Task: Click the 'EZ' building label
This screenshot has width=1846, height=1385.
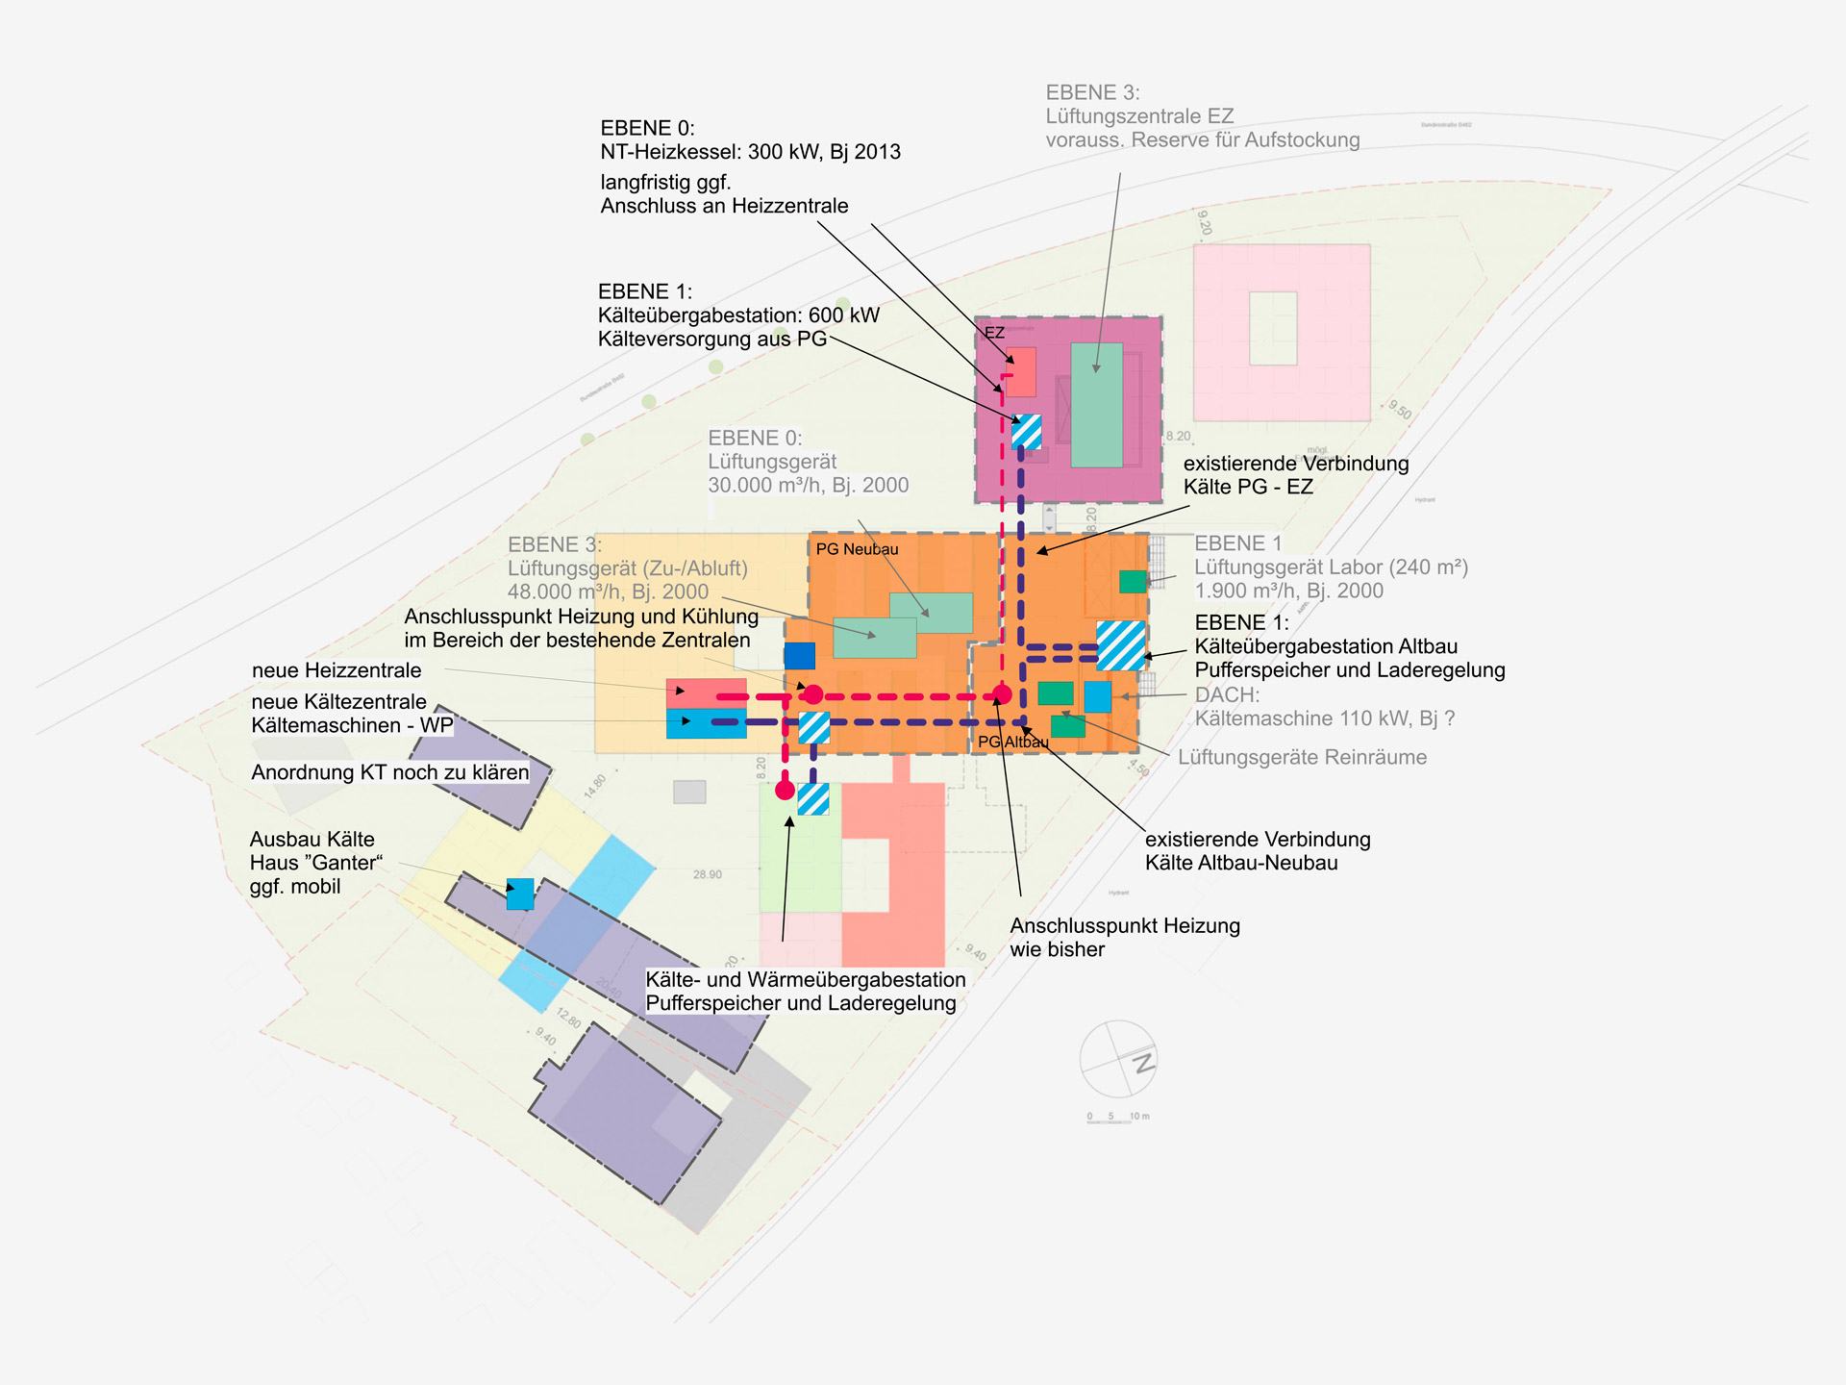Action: [994, 333]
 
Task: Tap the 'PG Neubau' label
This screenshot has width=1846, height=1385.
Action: [857, 549]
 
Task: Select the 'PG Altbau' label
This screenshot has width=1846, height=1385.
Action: [1012, 742]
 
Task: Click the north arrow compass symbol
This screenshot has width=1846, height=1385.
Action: [1118, 1059]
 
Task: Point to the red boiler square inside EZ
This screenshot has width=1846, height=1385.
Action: [1020, 372]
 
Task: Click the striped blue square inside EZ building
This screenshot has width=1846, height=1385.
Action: [1027, 432]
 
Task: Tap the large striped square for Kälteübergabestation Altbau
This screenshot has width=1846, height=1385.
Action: [1121, 645]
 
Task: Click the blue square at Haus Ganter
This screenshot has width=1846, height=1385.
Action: [520, 894]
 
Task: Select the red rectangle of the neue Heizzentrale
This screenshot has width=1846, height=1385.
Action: [707, 692]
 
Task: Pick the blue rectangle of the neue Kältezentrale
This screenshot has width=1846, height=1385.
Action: [707, 723]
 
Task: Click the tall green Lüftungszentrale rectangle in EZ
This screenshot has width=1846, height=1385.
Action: [1097, 405]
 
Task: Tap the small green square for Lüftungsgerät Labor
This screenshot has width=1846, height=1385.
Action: [1133, 581]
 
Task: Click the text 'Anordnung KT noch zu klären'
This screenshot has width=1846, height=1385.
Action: [390, 772]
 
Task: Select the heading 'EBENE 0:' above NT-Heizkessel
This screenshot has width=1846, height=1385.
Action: [647, 128]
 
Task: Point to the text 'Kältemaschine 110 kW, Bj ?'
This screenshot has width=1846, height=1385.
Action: [1324, 718]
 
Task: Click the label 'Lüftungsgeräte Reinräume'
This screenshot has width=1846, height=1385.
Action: [1302, 757]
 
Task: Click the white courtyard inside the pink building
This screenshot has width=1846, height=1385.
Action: [1273, 329]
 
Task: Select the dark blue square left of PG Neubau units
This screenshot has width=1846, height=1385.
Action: [800, 656]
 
